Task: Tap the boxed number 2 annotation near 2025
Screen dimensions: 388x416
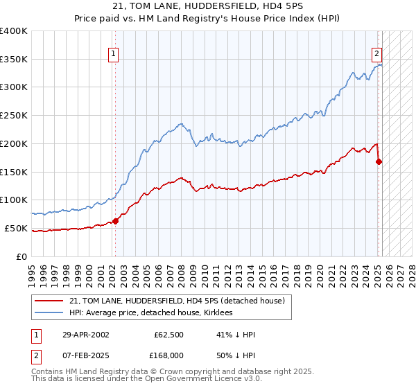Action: click(376, 53)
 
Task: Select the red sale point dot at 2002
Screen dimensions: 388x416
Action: click(116, 221)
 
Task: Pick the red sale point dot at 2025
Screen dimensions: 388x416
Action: click(379, 161)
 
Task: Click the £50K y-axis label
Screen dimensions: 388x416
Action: click(15, 228)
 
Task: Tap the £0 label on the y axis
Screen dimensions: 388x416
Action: click(22, 256)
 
